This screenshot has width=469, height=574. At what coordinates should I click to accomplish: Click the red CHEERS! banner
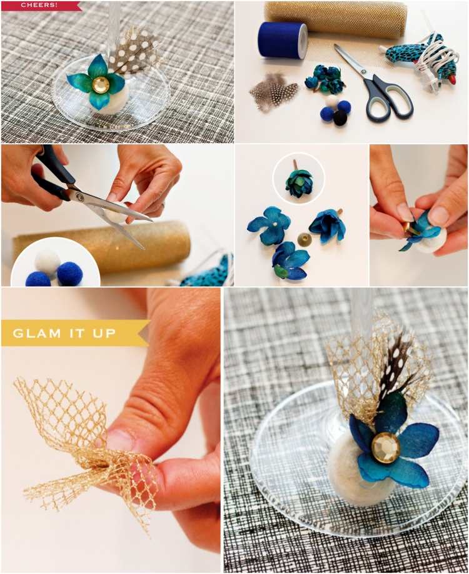[x=40, y=6]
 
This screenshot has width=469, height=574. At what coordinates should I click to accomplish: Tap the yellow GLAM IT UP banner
[x=73, y=333]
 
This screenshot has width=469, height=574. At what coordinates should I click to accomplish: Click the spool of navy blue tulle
[x=283, y=39]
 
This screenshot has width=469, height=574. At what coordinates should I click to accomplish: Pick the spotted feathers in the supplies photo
[x=273, y=91]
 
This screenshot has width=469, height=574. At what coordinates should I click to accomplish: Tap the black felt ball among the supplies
[x=340, y=118]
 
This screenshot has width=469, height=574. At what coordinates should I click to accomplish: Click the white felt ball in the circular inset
[x=48, y=261]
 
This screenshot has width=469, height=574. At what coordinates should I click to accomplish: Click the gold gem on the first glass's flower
[x=99, y=84]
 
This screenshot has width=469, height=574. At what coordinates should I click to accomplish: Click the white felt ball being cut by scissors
[x=116, y=217]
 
